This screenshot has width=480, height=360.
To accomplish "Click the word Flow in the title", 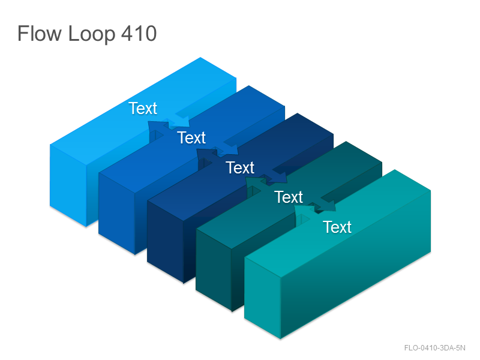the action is [x=39, y=34].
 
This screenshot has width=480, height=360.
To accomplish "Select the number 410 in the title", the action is [x=139, y=34].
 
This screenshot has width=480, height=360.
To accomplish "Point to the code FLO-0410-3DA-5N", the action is [x=434, y=348].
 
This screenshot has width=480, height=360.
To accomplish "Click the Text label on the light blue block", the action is [x=143, y=109].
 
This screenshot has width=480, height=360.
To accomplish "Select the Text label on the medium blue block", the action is [x=191, y=138].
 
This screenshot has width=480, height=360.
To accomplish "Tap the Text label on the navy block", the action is [x=240, y=168].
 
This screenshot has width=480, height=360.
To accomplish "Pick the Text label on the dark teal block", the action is [x=289, y=197].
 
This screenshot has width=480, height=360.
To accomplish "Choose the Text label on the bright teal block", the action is [x=337, y=227].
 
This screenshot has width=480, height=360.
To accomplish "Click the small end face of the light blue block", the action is [x=68, y=186].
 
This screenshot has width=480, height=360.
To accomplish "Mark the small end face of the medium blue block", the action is [x=116, y=214].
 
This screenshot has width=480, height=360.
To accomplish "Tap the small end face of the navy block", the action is [x=166, y=242].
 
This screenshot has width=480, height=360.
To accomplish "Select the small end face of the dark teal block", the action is [x=214, y=270].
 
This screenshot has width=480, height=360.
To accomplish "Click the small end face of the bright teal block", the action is [x=262, y=298].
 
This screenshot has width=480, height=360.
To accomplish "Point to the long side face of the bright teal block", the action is [x=356, y=265].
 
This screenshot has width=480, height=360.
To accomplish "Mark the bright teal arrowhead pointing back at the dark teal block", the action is [x=302, y=209].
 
